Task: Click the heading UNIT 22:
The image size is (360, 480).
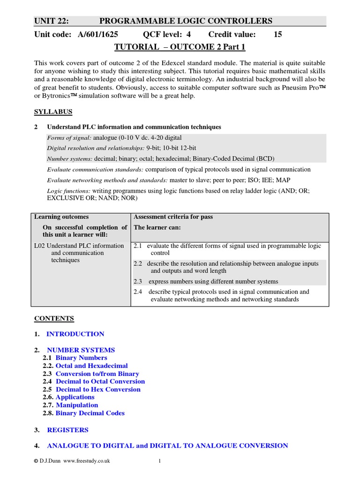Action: coord(52,21)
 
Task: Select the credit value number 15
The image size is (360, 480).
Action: coord(277,34)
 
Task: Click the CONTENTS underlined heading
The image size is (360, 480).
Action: coord(54,318)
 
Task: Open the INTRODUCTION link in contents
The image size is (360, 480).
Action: coord(75,334)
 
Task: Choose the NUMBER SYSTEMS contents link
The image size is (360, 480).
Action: coord(81,350)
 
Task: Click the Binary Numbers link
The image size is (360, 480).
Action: coord(81,358)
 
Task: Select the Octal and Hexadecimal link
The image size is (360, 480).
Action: coord(91,366)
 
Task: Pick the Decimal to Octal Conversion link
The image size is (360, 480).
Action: coord(100,382)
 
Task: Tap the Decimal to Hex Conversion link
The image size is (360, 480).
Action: coord(98,390)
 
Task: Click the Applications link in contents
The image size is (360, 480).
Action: coord(75,397)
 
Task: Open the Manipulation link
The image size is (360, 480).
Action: coord(77,405)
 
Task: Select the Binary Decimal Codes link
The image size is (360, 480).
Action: coord(90,413)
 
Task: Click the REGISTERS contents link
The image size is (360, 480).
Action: coord(67,429)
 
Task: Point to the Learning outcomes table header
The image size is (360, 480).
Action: coord(61,217)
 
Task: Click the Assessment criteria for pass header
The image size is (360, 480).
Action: coord(173,217)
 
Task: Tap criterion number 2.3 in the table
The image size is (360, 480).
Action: coord(137,281)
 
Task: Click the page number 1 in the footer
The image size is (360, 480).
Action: coord(159,461)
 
